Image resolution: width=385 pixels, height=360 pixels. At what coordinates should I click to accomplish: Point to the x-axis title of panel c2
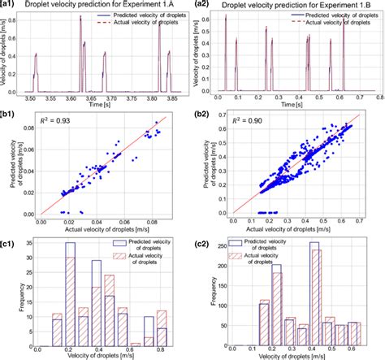point(301,353)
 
